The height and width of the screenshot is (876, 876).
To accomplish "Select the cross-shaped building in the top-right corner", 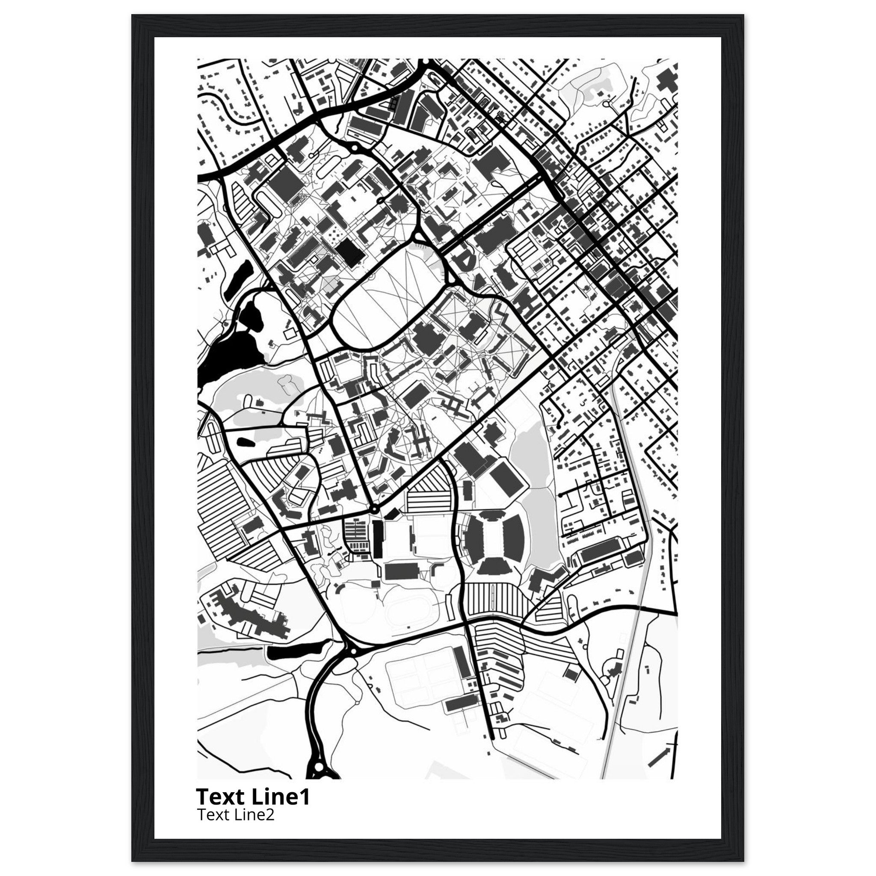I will pyautogui.click(x=667, y=82).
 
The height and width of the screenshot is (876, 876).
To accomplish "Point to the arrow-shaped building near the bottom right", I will pyautogui.click(x=659, y=758).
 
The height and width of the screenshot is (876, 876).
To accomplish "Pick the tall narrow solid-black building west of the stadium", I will pyautogui.click(x=377, y=539).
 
